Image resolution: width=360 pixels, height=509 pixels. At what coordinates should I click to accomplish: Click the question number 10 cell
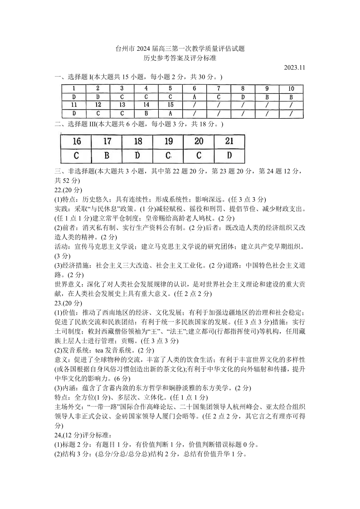pyautogui.click(x=291, y=89)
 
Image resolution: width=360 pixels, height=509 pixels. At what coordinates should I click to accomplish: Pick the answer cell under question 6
pyautogui.click(x=194, y=97)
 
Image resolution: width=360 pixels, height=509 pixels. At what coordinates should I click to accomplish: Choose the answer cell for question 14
pyautogui.click(x=146, y=113)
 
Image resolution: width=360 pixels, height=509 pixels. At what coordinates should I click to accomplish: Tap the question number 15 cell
pyautogui.click(x=170, y=105)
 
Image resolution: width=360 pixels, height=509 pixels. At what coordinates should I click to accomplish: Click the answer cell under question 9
pyautogui.click(x=267, y=97)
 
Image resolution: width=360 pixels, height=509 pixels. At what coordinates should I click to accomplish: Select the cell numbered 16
pyautogui.click(x=76, y=141)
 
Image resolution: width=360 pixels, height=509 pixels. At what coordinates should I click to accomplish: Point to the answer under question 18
pyautogui.click(x=137, y=155)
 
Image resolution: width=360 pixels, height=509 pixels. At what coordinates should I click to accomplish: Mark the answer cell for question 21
pyautogui.click(x=229, y=155)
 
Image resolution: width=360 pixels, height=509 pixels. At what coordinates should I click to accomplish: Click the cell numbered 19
pyautogui.click(x=168, y=141)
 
